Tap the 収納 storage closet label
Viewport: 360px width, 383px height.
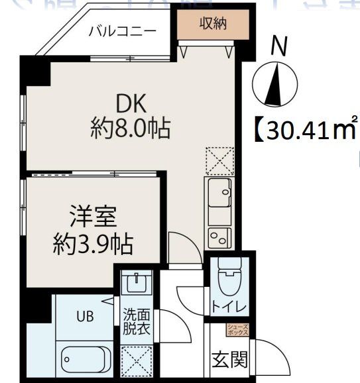tap(212, 24)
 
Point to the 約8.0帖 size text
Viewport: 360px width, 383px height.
tap(130, 128)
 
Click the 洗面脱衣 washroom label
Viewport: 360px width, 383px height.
tap(135, 322)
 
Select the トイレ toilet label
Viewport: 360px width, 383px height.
tap(229, 307)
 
